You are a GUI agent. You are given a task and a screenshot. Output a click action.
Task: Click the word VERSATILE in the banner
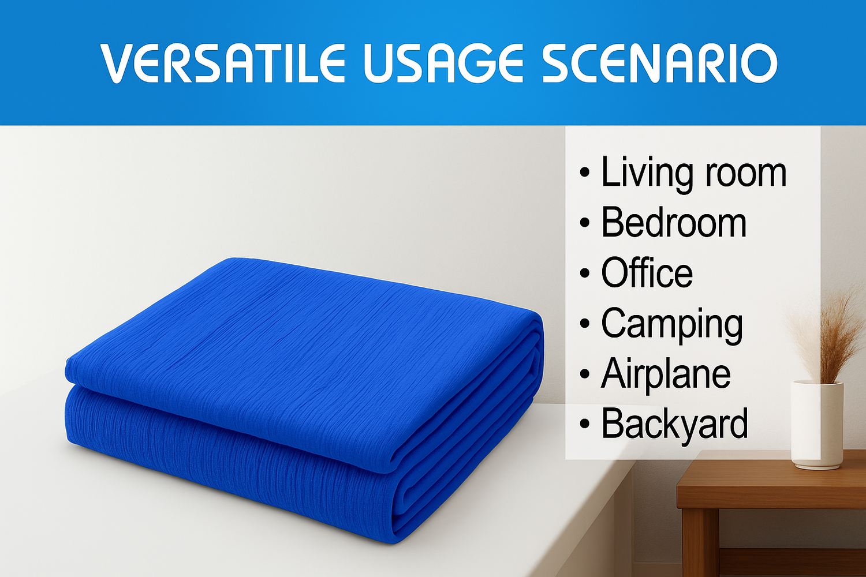(x=222, y=63)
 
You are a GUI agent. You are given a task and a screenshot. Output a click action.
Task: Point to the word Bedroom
(x=674, y=223)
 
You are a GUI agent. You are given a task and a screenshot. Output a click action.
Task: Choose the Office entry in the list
(x=647, y=273)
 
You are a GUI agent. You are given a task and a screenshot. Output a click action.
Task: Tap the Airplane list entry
(x=666, y=374)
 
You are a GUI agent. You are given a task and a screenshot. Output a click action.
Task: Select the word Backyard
(x=674, y=424)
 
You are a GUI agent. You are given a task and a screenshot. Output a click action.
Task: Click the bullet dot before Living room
(x=585, y=173)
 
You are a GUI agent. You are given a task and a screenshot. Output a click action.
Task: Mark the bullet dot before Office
(x=585, y=273)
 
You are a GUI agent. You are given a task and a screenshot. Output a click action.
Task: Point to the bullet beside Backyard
(x=585, y=424)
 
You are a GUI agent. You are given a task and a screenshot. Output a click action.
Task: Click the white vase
(x=816, y=424)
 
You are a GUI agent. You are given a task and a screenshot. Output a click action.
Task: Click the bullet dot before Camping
(x=585, y=324)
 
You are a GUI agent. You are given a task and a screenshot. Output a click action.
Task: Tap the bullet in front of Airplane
(x=585, y=374)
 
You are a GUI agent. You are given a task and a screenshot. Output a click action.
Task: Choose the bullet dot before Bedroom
(x=585, y=223)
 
